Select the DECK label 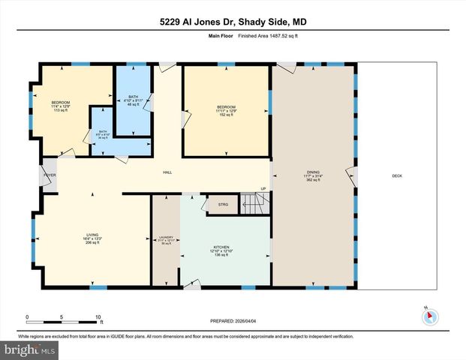[x=397, y=176]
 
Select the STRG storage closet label [x=223, y=204]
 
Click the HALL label [x=167, y=172]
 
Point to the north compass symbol [x=428, y=316]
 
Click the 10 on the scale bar [x=98, y=316]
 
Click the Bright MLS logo [x=29, y=350]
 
